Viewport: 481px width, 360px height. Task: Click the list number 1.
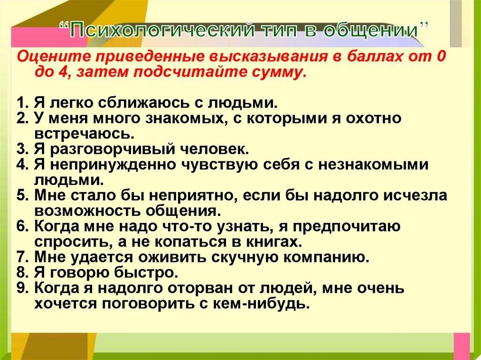pyautogui.click(x=21, y=103)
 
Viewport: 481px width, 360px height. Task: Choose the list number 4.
pyautogui.click(x=21, y=164)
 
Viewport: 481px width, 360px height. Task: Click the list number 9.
pyautogui.click(x=21, y=287)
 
